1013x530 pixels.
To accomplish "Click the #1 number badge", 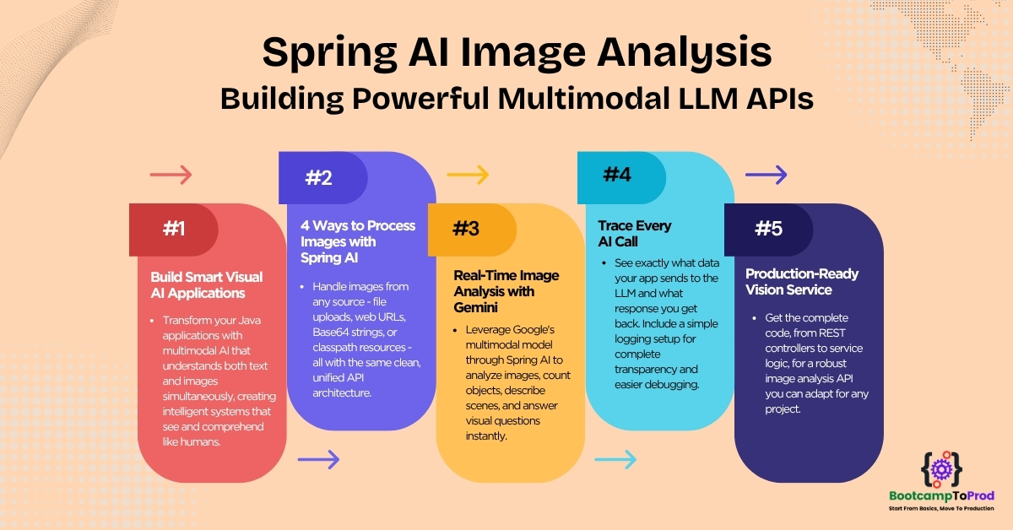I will tap(173, 229).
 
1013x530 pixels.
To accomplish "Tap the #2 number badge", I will tap(319, 178).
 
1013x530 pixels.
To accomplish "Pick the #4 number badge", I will tap(617, 175).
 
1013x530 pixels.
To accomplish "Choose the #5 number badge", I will tap(767, 229).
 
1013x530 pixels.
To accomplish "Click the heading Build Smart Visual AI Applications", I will tap(207, 284).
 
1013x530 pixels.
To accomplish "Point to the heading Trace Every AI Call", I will tap(634, 234).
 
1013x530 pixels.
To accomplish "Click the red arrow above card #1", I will tap(171, 175).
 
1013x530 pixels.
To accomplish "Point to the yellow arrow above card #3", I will tap(468, 175).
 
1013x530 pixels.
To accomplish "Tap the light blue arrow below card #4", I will tap(615, 460).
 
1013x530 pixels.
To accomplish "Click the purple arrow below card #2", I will tap(318, 460).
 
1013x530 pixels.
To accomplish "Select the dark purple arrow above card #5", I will tap(766, 175).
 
